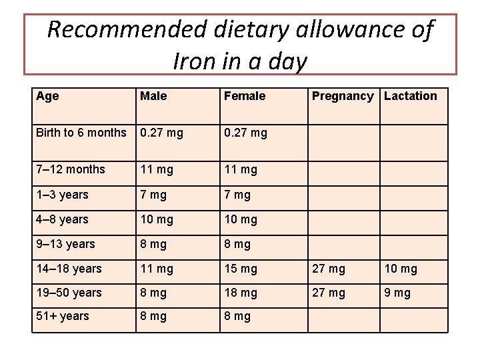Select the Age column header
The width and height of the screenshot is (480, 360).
click(47, 96)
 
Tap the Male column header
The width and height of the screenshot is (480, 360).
click(153, 96)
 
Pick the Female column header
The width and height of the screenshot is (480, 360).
click(245, 96)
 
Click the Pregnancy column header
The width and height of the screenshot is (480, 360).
click(343, 96)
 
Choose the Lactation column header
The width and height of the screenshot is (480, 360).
click(411, 96)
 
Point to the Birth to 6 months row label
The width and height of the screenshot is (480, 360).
click(81, 133)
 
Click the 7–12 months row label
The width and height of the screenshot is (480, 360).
click(71, 169)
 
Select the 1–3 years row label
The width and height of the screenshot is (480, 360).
click(62, 195)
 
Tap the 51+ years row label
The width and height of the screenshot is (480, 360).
click(63, 316)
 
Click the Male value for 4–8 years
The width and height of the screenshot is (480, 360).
click(156, 219)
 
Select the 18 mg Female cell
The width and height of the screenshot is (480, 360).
click(240, 293)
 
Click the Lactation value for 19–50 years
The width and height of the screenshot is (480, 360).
click(397, 293)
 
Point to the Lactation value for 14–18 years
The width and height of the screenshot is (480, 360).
click(401, 269)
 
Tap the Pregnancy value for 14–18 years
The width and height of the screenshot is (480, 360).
click(329, 269)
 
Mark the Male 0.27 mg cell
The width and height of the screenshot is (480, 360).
click(161, 133)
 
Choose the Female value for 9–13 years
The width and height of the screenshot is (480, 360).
click(237, 244)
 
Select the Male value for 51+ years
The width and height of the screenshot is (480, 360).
click(153, 316)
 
